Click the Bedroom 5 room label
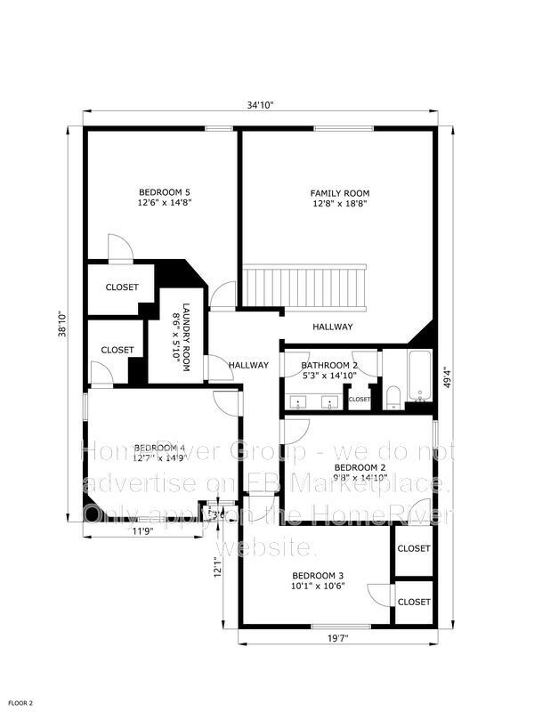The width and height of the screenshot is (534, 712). pyautogui.click(x=165, y=192)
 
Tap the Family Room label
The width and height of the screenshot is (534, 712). pyautogui.click(x=339, y=193)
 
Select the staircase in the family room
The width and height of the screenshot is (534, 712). pyautogui.click(x=305, y=285)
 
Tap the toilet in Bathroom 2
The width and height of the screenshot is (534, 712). pyautogui.click(x=392, y=395)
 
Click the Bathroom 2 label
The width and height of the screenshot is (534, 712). pyautogui.click(x=328, y=365)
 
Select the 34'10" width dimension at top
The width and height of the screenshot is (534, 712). pyautogui.click(x=260, y=105)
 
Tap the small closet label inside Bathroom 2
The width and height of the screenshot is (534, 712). pyautogui.click(x=360, y=400)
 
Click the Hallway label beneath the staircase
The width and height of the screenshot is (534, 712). pyautogui.click(x=333, y=327)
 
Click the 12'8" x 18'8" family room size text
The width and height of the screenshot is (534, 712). pyautogui.click(x=339, y=204)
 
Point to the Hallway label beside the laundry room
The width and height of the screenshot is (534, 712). pyautogui.click(x=248, y=365)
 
